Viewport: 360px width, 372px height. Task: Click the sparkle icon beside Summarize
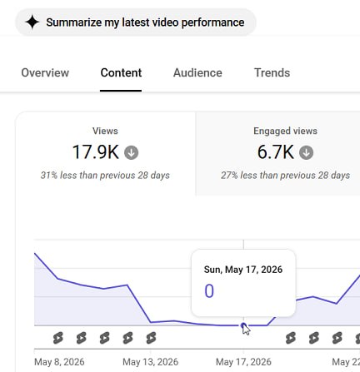pyautogui.click(x=32, y=22)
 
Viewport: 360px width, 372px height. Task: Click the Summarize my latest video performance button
pyautogui.click(x=135, y=22)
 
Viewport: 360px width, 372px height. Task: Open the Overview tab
pyautogui.click(x=45, y=72)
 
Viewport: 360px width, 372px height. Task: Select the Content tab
pyautogui.click(x=121, y=72)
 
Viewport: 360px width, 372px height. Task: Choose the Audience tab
pyautogui.click(x=197, y=72)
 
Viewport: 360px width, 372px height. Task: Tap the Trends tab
pyautogui.click(x=272, y=72)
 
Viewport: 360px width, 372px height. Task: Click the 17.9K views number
pyautogui.click(x=96, y=152)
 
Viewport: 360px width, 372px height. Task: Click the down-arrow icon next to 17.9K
pyautogui.click(x=131, y=152)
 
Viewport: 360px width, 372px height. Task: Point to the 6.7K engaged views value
pyautogui.click(x=276, y=152)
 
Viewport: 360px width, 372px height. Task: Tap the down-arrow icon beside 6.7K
pyautogui.click(x=306, y=152)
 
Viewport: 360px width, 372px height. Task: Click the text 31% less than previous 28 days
pyautogui.click(x=105, y=176)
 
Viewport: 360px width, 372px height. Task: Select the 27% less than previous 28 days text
pyautogui.click(x=285, y=176)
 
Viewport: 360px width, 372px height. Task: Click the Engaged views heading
pyautogui.click(x=285, y=131)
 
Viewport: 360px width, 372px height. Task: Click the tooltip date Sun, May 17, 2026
pyautogui.click(x=243, y=270)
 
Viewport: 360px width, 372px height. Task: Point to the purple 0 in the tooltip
pyautogui.click(x=209, y=291)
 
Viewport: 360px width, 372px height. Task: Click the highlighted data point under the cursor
pyautogui.click(x=243, y=325)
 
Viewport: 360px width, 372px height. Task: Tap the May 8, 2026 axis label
pyautogui.click(x=59, y=362)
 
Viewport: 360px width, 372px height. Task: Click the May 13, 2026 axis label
pyautogui.click(x=150, y=362)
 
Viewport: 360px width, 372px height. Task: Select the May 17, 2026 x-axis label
pyautogui.click(x=243, y=362)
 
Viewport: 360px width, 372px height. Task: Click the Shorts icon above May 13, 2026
pyautogui.click(x=151, y=338)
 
